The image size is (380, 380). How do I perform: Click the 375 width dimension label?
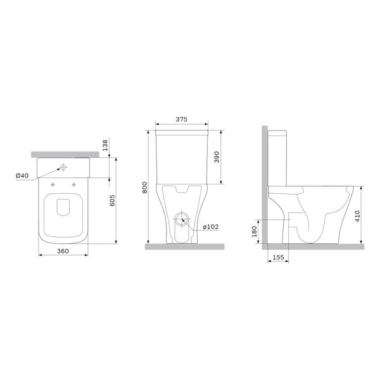[182, 119]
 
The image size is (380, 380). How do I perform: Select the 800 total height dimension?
[144, 187]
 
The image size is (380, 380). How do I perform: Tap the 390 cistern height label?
[217, 157]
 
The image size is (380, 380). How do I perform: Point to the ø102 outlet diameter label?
[211, 227]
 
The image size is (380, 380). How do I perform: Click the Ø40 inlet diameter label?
[22, 175]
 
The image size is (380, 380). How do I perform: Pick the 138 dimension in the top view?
[105, 145]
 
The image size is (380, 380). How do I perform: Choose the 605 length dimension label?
[113, 200]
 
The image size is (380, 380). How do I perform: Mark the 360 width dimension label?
[63, 251]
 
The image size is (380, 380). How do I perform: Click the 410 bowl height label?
[357, 216]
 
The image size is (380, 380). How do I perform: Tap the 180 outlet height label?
[254, 231]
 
